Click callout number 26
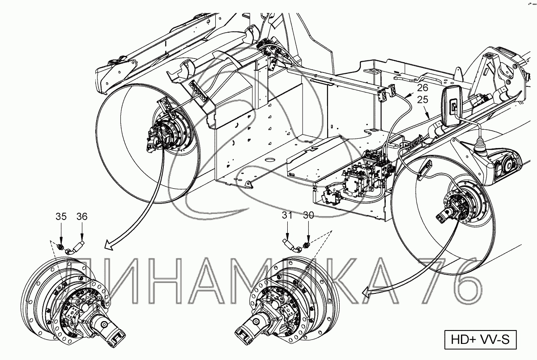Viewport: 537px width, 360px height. click(x=422, y=88)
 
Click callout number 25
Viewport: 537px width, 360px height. click(x=422, y=99)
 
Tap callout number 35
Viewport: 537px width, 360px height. click(x=61, y=216)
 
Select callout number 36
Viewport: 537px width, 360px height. click(x=82, y=216)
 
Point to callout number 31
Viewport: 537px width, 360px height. click(x=287, y=216)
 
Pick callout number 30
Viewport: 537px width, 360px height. click(x=308, y=216)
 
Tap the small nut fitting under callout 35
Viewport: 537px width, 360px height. click(x=61, y=246)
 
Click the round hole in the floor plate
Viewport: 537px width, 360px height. click(x=270, y=160)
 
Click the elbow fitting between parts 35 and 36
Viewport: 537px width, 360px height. click(x=69, y=251)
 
